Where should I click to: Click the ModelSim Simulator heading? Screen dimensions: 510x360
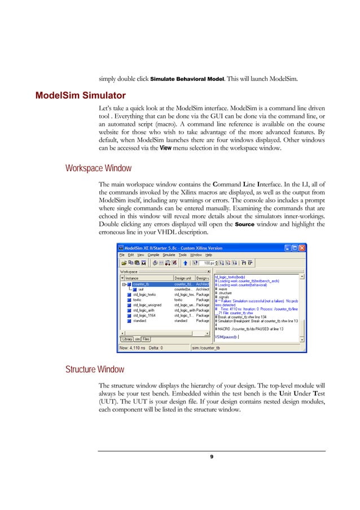click(x=80, y=93)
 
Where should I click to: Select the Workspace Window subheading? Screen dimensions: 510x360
click(x=98, y=168)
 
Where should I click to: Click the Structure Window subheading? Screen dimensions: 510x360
click(x=96, y=370)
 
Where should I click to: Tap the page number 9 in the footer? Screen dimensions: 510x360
click(x=212, y=457)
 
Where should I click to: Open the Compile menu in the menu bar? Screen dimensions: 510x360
click(x=153, y=255)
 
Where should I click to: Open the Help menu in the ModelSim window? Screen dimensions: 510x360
click(x=208, y=255)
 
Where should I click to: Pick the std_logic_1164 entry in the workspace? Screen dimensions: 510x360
click(x=144, y=315)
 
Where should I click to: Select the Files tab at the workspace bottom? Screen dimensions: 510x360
click(x=146, y=339)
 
